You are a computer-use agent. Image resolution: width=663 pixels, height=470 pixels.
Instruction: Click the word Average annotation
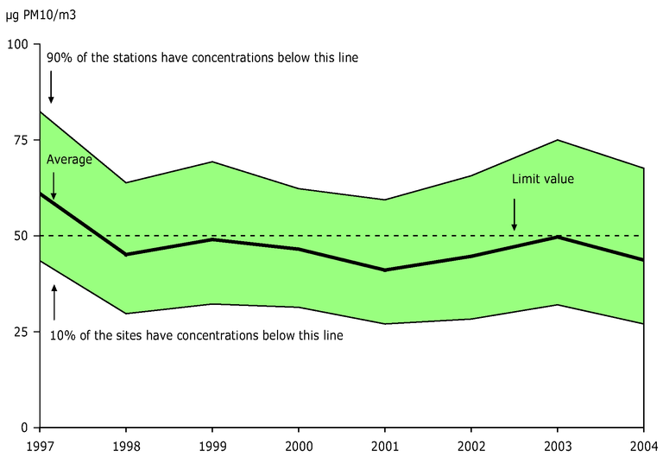69,160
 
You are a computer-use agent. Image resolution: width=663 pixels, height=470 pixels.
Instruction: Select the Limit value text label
543,180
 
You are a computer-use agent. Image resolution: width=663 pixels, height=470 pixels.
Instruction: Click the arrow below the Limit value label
515,215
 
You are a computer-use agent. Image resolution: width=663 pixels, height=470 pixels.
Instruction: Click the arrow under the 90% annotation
51,87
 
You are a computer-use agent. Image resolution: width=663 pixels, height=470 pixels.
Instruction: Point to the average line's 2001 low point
385,270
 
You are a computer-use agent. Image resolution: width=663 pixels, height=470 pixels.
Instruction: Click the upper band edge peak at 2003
558,140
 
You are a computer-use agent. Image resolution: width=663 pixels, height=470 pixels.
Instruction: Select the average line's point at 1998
126,255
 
